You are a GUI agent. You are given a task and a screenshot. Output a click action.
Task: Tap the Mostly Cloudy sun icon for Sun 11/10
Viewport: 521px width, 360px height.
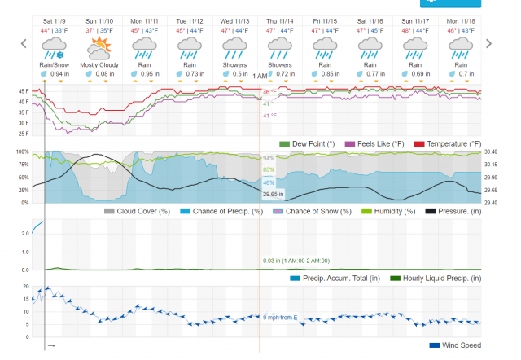pyautogui.click(x=101, y=46)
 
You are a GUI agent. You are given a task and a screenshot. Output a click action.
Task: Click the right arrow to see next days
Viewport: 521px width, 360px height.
pyautogui.click(x=488, y=43)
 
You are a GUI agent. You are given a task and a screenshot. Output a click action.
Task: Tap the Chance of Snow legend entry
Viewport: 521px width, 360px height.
pyautogui.click(x=312, y=211)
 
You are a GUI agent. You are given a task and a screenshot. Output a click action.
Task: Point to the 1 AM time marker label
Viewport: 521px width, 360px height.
pyautogui.click(x=259, y=77)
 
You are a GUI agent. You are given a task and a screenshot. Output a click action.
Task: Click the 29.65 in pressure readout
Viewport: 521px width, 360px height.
pyautogui.click(x=272, y=195)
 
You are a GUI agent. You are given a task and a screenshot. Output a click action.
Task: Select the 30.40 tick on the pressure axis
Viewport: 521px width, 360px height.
pyautogui.click(x=490, y=152)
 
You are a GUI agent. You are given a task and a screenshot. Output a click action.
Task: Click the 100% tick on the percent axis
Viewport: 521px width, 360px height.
pyautogui.click(x=24, y=152)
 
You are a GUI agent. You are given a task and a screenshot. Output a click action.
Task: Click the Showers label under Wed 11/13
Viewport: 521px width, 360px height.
pyautogui.click(x=235, y=64)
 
